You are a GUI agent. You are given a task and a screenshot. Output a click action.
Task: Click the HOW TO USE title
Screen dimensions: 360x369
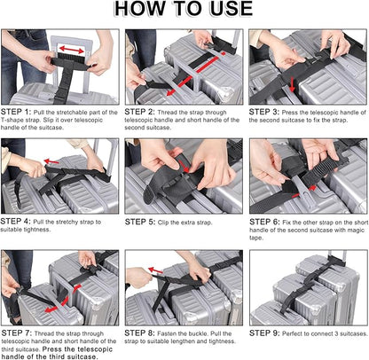tap(184, 12)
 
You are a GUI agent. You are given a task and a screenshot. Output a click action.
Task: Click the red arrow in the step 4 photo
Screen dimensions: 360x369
tap(62, 160)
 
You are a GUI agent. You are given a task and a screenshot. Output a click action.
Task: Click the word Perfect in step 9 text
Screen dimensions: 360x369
tap(302, 333)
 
